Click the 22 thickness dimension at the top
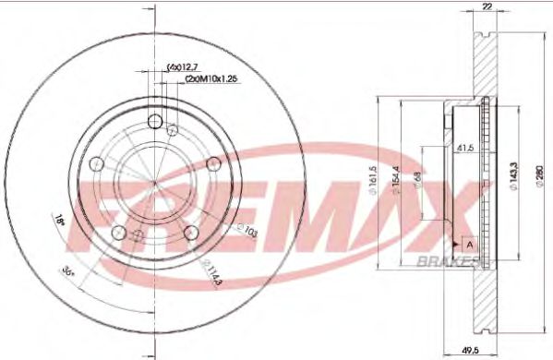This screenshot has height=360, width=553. pyautogui.click(x=487, y=8)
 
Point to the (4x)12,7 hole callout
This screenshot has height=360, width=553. pyautogui.click(x=183, y=66)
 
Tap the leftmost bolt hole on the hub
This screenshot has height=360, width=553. pyautogui.click(x=96, y=163)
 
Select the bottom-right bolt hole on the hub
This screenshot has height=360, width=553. pyautogui.click(x=191, y=233)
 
